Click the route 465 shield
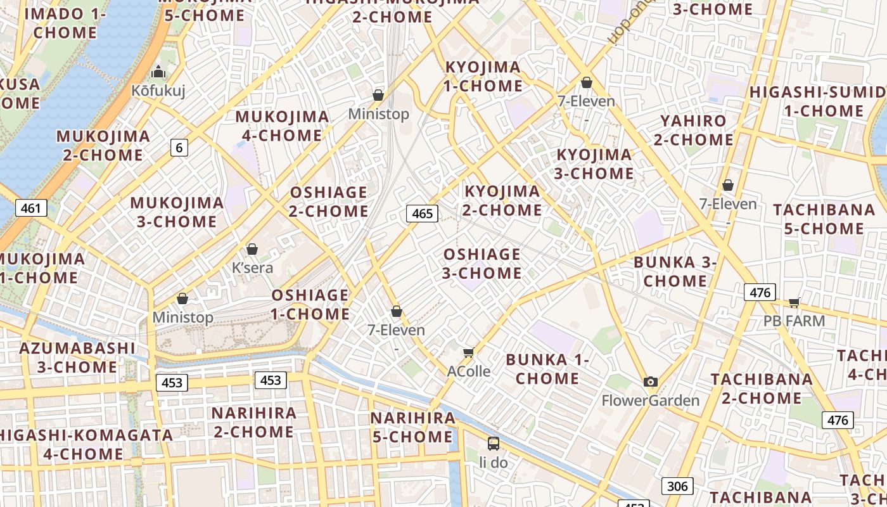point(422,214)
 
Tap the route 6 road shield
point(179,148)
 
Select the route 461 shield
point(30,208)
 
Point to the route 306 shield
point(677,486)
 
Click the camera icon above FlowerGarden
point(650,382)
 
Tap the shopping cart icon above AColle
point(469,352)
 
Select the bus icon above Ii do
point(493,443)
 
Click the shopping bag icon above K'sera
point(252,249)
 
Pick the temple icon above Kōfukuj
point(158,72)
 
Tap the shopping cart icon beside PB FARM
point(794,302)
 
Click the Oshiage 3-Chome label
point(482,264)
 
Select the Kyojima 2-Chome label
point(502,200)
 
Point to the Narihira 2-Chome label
point(253,422)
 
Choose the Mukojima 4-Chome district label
point(282,125)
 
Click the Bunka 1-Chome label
point(547,369)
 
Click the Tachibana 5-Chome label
point(824,219)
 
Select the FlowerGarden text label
point(650,401)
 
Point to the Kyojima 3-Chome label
point(594,164)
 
